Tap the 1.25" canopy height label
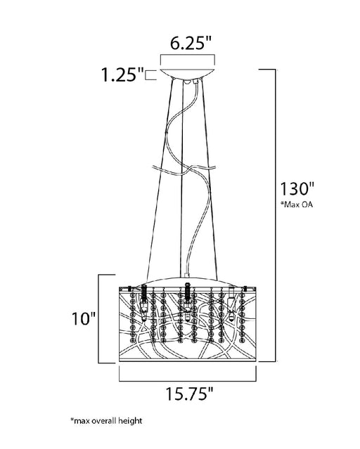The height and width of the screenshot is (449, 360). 122,75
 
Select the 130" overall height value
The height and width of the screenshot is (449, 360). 297,189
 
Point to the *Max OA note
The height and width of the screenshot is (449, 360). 297,204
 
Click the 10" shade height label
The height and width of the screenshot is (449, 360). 84,318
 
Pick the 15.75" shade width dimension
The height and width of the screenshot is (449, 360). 189,393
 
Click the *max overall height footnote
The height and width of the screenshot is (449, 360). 106,421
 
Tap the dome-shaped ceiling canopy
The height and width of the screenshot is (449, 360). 188,73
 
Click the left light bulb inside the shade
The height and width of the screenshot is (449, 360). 144,306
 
